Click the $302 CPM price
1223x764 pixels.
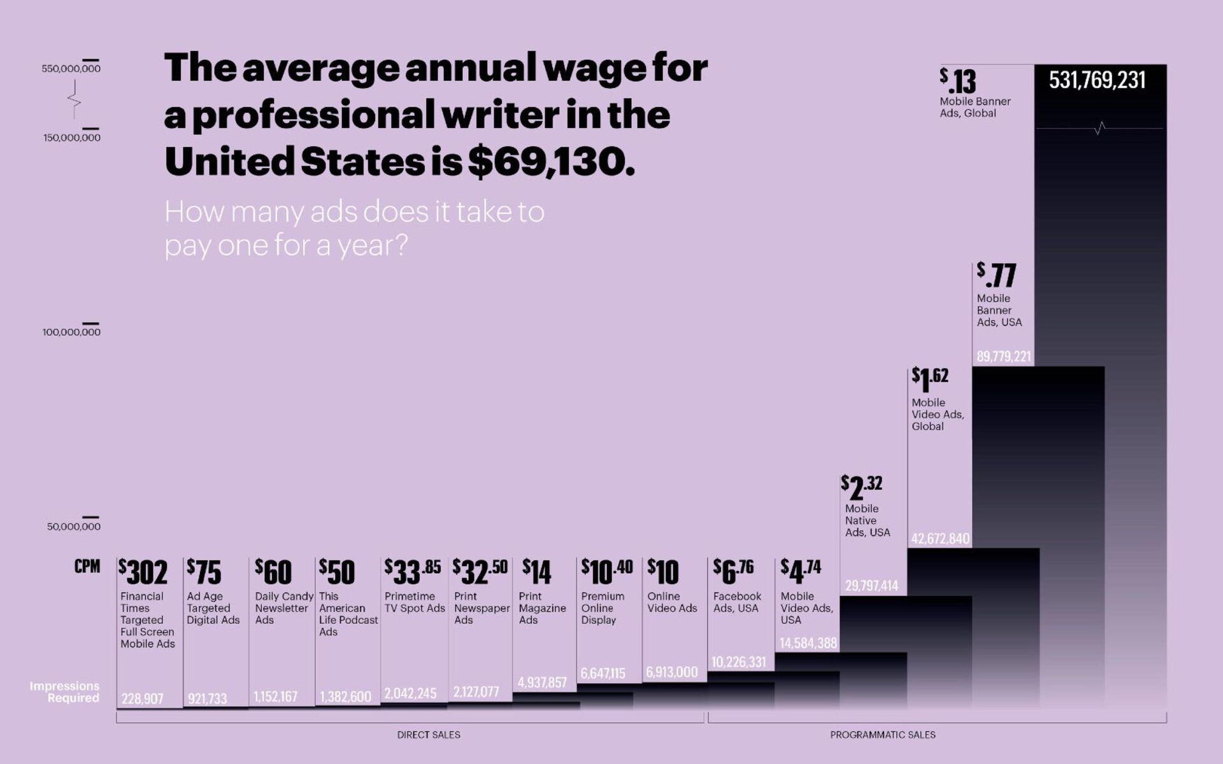coord(143,572)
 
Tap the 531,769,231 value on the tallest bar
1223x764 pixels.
coord(1097,80)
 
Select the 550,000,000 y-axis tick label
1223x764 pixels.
coord(71,69)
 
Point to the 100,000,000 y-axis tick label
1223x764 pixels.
coord(71,332)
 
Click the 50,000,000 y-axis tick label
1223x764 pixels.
coord(73,527)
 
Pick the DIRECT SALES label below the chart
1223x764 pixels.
coord(429,735)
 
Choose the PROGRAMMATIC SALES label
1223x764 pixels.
coord(883,735)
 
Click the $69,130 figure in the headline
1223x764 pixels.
coord(551,162)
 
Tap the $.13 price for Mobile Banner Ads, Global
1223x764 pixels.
coord(958,81)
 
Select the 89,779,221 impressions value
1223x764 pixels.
coord(1003,357)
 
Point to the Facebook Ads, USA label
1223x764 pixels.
coord(737,602)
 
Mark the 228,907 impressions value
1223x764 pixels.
coord(143,699)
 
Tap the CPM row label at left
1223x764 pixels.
coord(87,567)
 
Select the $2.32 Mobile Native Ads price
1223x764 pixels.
coord(862,487)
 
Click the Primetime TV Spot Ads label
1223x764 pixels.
coord(414,602)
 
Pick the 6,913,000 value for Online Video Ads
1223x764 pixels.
coord(672,672)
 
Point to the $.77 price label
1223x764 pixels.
coord(996,275)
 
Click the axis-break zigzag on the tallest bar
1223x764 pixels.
coord(1100,129)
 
